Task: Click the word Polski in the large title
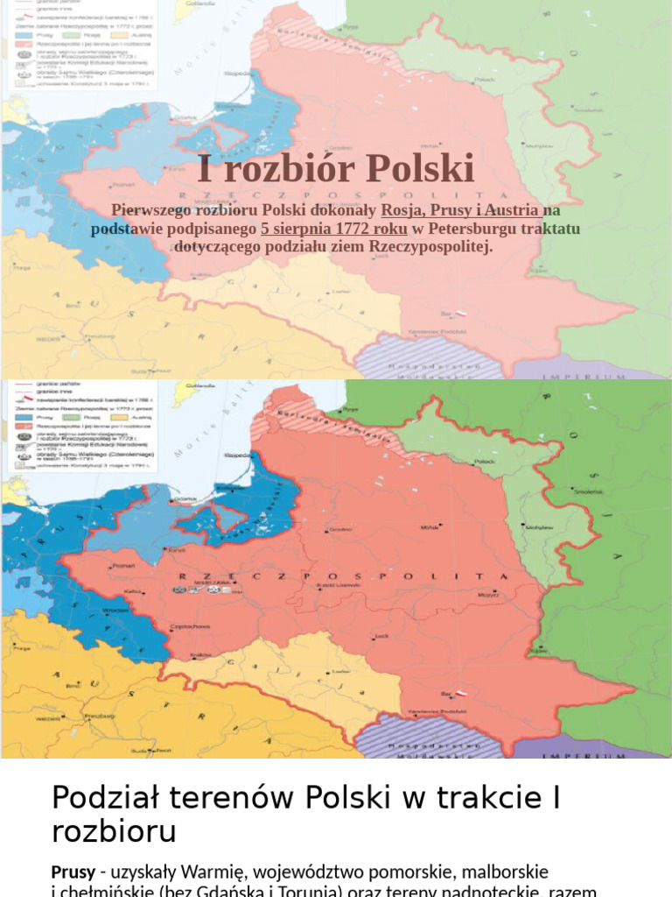(419, 168)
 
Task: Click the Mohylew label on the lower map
(541, 526)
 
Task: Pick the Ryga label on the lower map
(351, 409)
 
